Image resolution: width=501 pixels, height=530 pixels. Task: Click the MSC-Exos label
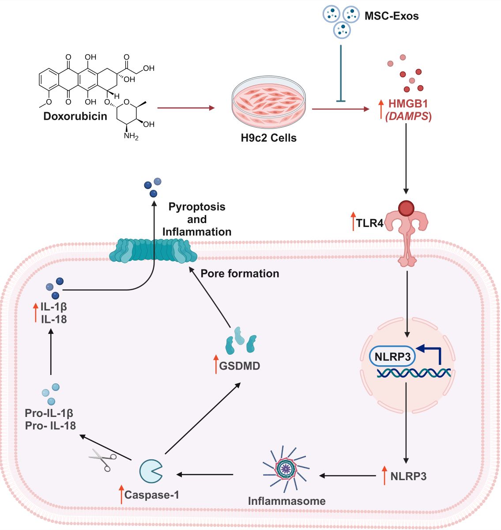pyautogui.click(x=391, y=16)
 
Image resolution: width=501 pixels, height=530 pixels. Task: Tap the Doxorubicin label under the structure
pyautogui.click(x=75, y=116)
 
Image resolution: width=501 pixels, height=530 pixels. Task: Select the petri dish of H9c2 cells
pyautogui.click(x=268, y=102)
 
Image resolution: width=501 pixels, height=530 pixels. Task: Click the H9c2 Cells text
pyautogui.click(x=268, y=138)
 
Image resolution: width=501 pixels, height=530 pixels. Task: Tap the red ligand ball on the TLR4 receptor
pyautogui.click(x=406, y=208)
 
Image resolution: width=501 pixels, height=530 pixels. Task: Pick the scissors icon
pyautogui.click(x=102, y=460)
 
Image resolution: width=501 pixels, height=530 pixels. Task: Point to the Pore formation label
pyautogui.click(x=240, y=274)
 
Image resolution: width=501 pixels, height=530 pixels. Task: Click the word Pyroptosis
pyautogui.click(x=197, y=207)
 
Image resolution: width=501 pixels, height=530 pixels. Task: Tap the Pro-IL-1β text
pyautogui.click(x=49, y=413)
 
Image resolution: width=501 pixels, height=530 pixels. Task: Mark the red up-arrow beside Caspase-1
pyautogui.click(x=121, y=494)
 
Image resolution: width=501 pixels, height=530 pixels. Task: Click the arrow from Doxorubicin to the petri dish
pyautogui.click(x=185, y=108)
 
